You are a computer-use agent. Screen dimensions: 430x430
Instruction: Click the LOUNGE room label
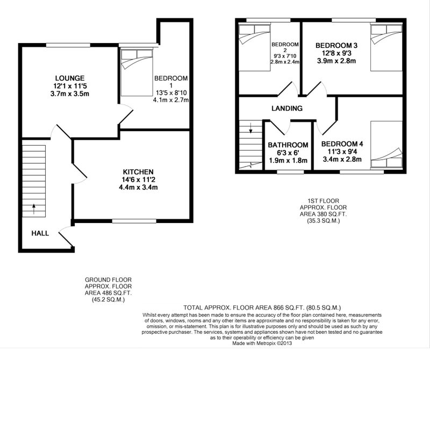point(70,78)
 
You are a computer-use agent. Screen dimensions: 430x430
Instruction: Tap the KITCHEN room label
point(138,172)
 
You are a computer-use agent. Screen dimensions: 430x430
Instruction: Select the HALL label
point(40,233)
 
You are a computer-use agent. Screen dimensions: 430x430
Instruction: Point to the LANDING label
point(287,109)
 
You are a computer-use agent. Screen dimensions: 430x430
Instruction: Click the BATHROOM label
point(288,145)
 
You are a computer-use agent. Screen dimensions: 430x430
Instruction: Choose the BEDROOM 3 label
point(336,46)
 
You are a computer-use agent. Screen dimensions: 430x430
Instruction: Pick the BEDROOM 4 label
point(342,144)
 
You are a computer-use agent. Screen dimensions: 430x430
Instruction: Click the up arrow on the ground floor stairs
point(34,209)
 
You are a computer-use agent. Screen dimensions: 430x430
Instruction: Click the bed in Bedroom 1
point(137,73)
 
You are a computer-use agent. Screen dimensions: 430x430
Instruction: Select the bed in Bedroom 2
point(255,48)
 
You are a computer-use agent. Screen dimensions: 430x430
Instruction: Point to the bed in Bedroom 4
point(386,144)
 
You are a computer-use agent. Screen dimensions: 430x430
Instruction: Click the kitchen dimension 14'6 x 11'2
point(138,180)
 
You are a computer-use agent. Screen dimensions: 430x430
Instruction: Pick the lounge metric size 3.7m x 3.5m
point(70,94)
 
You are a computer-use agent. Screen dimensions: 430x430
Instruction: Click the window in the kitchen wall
point(134,221)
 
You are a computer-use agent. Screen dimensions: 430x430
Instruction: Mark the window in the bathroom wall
point(290,172)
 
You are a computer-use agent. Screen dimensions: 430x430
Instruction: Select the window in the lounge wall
point(68,45)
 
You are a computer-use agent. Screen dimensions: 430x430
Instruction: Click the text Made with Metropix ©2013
point(262,343)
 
